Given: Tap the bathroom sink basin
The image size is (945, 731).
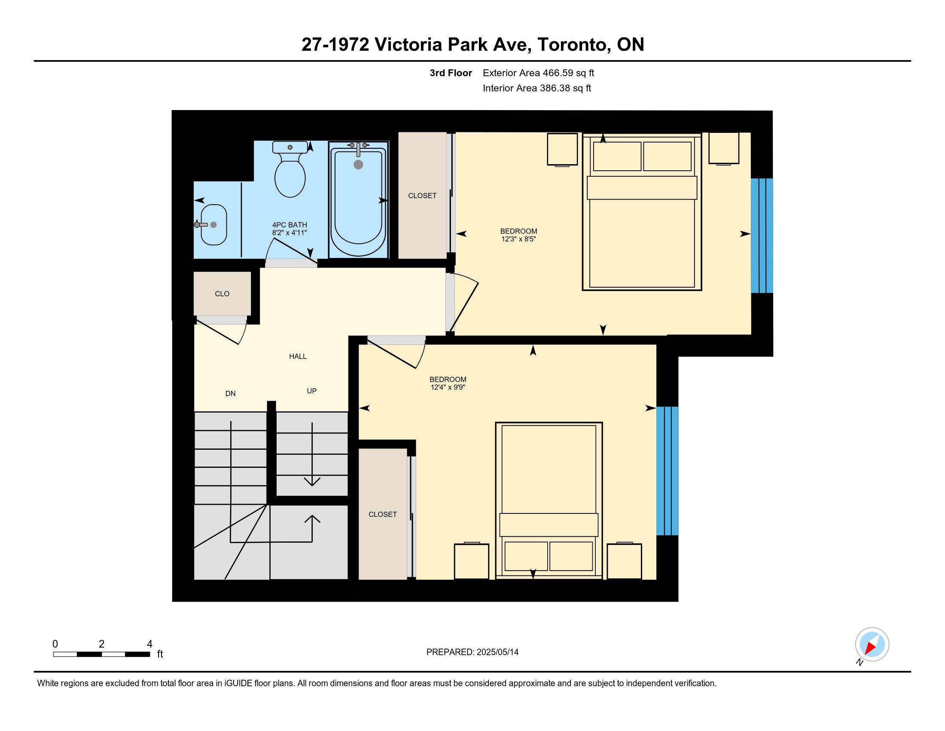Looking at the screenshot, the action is (214, 225).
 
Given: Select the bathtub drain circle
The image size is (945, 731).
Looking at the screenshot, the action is (358, 165).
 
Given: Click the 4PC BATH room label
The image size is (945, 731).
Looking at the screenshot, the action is (290, 225).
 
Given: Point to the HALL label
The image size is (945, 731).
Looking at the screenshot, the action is (298, 356).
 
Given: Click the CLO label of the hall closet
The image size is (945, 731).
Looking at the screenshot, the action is (222, 294).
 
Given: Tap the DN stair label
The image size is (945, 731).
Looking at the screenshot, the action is (230, 393).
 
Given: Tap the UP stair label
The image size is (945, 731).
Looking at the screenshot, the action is (311, 391).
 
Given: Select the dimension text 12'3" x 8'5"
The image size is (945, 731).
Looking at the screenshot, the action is (518, 239).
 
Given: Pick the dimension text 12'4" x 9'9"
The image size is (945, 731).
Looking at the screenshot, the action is (448, 387).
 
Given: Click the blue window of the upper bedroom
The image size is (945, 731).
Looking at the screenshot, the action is (762, 236).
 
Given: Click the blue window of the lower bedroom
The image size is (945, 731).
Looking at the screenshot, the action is (667, 471).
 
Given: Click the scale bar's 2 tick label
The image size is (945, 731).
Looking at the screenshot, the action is (101, 644).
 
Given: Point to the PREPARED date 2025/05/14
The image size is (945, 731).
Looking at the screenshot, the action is (497, 652).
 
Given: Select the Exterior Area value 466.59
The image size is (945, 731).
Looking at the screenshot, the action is (557, 73).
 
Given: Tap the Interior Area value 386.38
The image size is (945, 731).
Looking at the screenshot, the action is (554, 88).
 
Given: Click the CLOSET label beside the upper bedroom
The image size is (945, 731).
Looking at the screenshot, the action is (422, 196).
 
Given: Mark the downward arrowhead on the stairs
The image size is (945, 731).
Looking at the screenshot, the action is (312, 481).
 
